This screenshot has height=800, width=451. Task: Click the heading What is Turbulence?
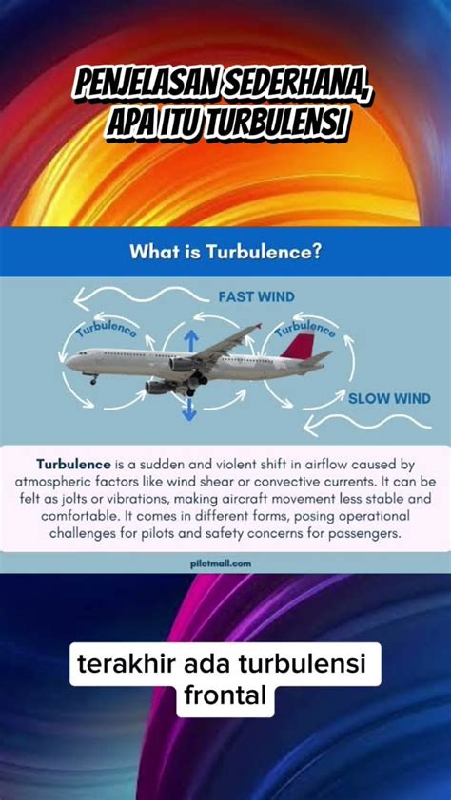click(x=225, y=253)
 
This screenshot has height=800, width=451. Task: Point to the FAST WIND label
click(x=257, y=296)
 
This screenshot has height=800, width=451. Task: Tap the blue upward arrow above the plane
click(x=189, y=340)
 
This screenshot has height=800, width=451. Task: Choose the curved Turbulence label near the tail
click(x=307, y=329)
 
